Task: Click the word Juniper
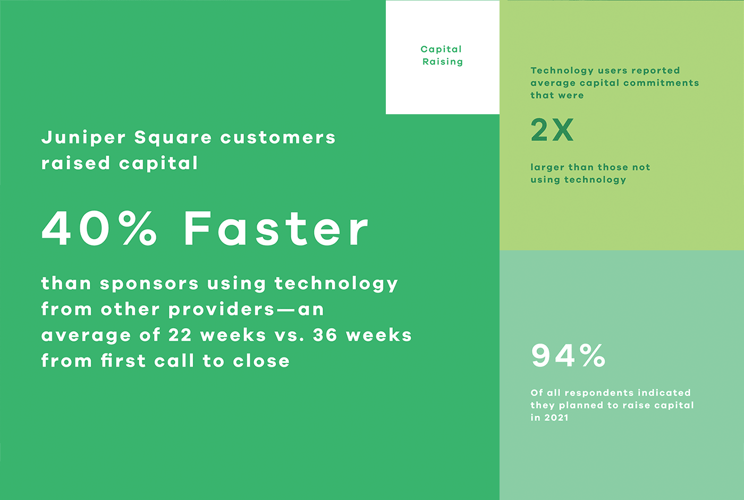click(83, 138)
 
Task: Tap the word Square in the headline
click(173, 138)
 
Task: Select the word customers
click(277, 138)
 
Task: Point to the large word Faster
click(276, 228)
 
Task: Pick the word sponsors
click(149, 284)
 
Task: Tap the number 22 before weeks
click(180, 335)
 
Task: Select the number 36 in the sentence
click(325, 335)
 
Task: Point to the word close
click(261, 361)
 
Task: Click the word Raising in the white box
click(442, 62)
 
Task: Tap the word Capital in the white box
click(441, 49)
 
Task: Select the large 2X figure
click(552, 130)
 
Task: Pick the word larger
click(547, 168)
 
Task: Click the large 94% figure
click(568, 355)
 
